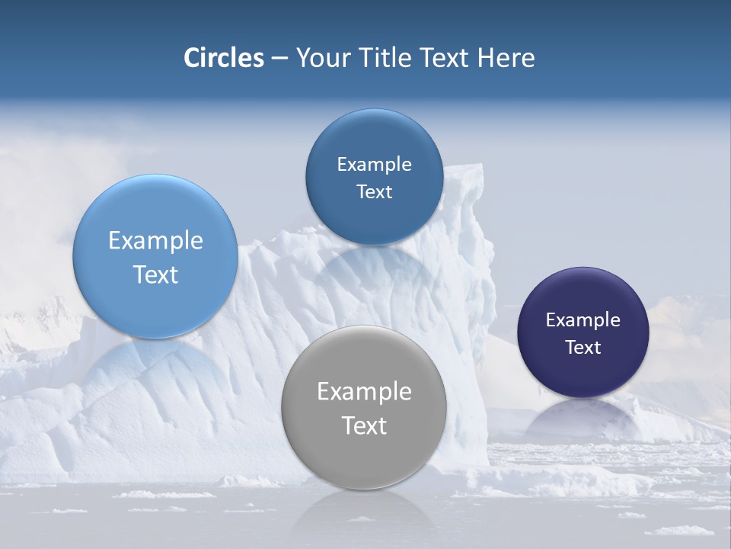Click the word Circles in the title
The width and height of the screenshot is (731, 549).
click(223, 58)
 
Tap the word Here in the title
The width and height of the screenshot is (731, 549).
click(506, 58)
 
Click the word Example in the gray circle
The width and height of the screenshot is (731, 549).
click(364, 392)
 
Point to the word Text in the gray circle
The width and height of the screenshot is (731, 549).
click(364, 425)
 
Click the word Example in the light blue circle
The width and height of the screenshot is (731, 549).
click(155, 241)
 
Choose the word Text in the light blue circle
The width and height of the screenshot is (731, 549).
click(155, 274)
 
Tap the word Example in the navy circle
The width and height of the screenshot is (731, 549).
click(583, 320)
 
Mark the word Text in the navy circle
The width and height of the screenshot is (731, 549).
click(583, 348)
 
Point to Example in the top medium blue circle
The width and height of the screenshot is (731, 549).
click(374, 165)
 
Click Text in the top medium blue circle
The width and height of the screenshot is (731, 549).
click(374, 192)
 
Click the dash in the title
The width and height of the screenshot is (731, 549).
click(279, 58)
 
